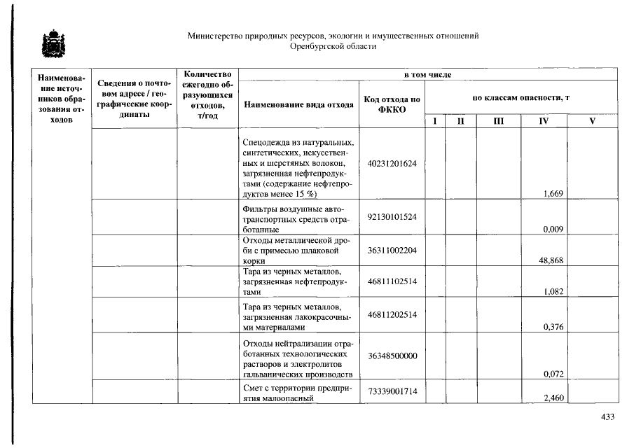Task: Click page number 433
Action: click(x=607, y=416)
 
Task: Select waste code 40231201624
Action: click(x=392, y=164)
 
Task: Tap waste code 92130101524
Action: click(x=392, y=216)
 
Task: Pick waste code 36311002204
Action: click(x=392, y=250)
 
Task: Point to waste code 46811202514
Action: click(x=392, y=315)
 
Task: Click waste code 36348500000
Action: click(x=392, y=356)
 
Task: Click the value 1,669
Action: click(x=554, y=194)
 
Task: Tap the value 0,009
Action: click(x=554, y=228)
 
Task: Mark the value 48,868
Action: click(x=551, y=260)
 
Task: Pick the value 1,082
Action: click(x=554, y=292)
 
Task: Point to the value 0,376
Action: click(x=554, y=327)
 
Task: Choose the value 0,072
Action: click(x=554, y=374)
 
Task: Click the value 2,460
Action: click(x=554, y=398)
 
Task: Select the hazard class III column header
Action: click(x=498, y=121)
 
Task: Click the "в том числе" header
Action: click(x=427, y=74)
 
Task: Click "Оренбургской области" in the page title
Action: click(x=333, y=47)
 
